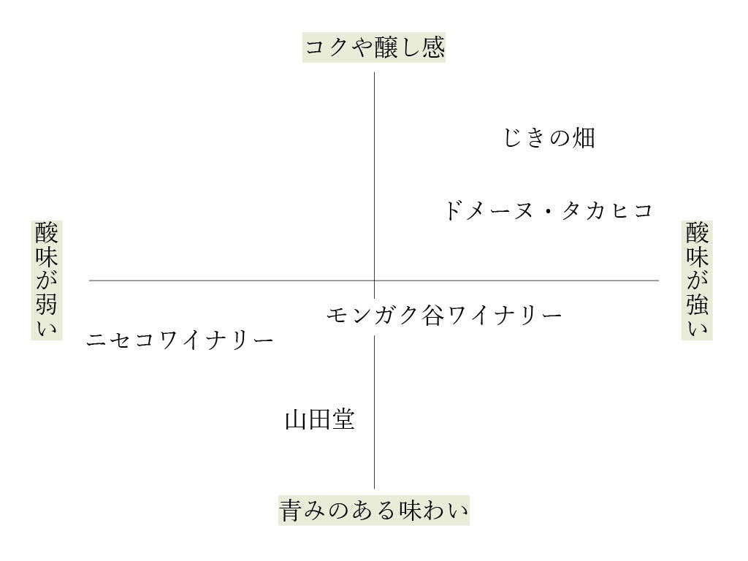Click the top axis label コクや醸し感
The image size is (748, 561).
pos(374,48)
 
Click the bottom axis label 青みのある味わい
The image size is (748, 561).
pos(373,510)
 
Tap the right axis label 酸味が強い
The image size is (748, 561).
pos(697,280)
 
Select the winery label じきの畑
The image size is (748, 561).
pos(549,137)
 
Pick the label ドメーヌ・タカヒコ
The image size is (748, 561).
pos(548,211)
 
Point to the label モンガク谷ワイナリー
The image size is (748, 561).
pos(444,316)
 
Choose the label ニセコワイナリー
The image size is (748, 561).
pos(180,340)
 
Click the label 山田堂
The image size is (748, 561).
pos(319,420)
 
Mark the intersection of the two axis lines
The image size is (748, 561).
pos(375,280)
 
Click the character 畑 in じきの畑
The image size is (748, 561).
pos(584,137)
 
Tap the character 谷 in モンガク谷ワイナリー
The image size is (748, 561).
pos(432,316)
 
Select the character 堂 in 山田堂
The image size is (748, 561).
pos(343,420)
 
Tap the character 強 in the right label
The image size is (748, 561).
pos(697,305)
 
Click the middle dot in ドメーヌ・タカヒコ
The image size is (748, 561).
pos(547,212)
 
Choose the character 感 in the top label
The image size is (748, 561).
pos(432,48)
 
